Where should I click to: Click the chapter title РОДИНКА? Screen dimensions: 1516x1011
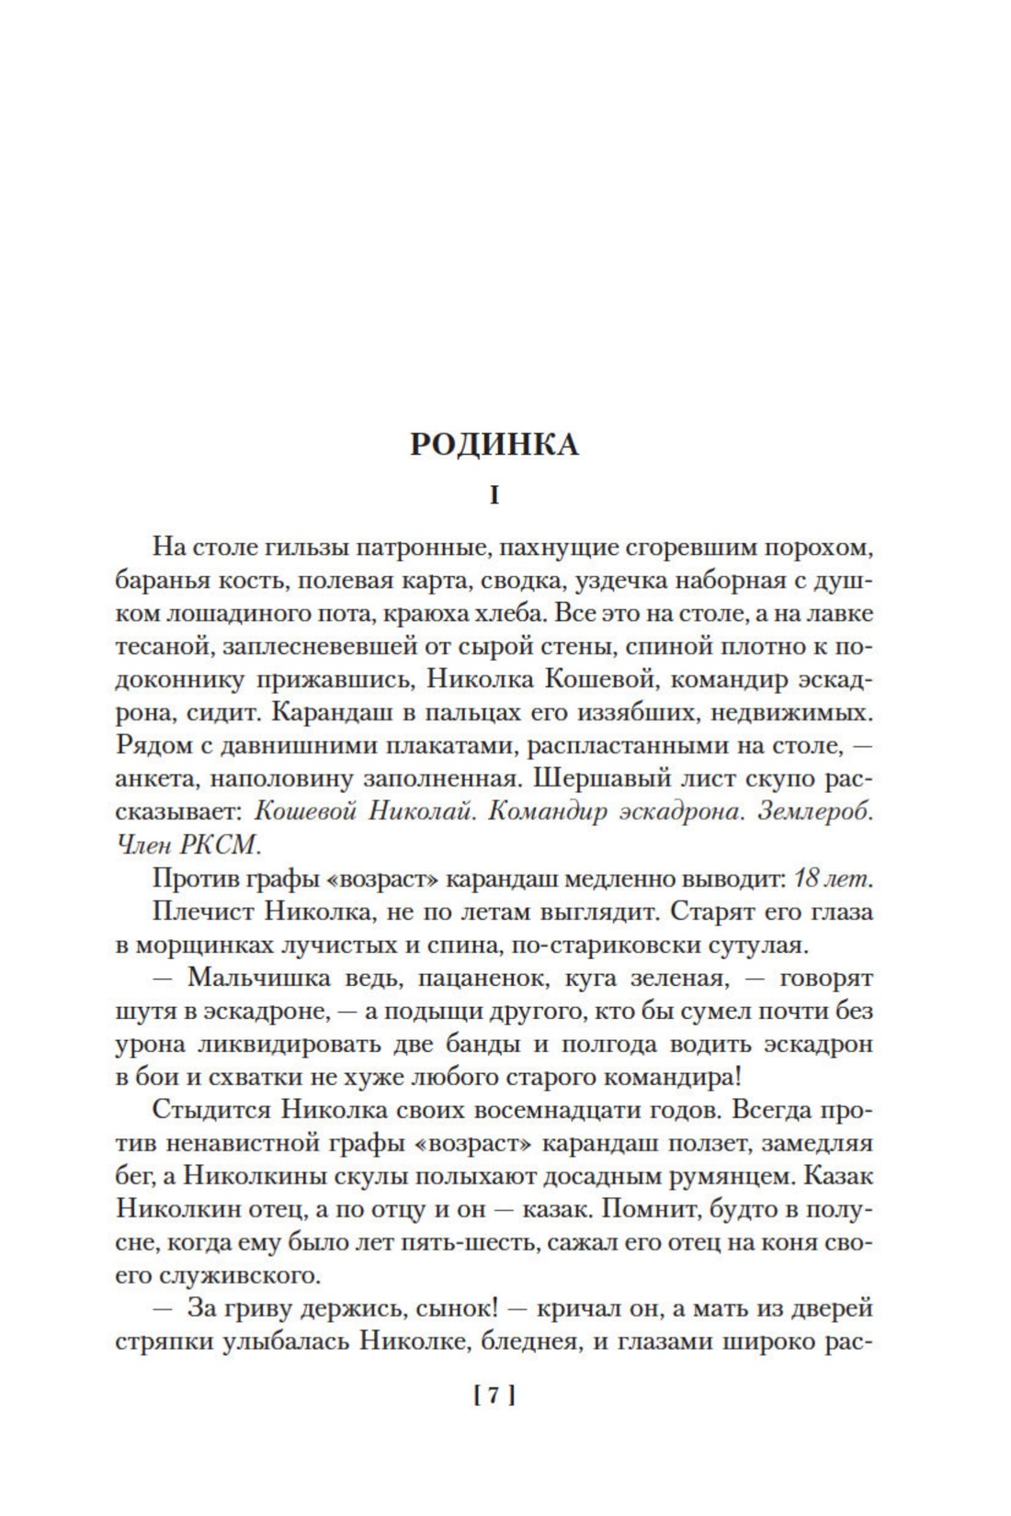494,444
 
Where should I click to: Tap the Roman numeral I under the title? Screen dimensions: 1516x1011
494,496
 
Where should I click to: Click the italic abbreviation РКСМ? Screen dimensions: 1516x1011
223,845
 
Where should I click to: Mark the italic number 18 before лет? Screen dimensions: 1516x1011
807,878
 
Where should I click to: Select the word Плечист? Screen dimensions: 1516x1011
203,911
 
